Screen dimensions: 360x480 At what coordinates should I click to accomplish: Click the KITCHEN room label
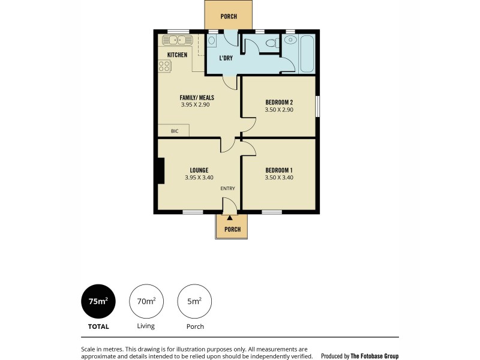[177, 55]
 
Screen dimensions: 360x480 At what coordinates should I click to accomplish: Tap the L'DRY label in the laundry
[226, 58]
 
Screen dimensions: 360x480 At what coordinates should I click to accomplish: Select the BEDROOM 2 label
[279, 102]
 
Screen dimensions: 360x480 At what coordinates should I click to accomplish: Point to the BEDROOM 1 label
[279, 170]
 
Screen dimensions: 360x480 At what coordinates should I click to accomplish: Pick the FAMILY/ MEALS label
[197, 97]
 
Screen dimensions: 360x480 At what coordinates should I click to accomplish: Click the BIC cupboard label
[175, 131]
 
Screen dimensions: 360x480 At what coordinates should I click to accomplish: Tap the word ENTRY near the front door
[227, 188]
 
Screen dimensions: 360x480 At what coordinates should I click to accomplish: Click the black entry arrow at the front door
[229, 217]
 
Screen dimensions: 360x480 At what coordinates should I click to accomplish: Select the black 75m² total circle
[98, 301]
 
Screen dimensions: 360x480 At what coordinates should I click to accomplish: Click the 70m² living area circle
[146, 301]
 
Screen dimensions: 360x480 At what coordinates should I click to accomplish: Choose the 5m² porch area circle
[194, 301]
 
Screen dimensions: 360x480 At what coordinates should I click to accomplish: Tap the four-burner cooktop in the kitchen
[165, 66]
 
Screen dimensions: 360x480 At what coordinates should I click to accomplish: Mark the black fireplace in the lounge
[160, 170]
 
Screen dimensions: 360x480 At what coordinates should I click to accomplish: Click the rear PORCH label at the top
[229, 17]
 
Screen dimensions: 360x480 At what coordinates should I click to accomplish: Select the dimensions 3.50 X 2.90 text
[279, 109]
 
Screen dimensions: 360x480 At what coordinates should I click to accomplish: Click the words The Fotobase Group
[374, 356]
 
